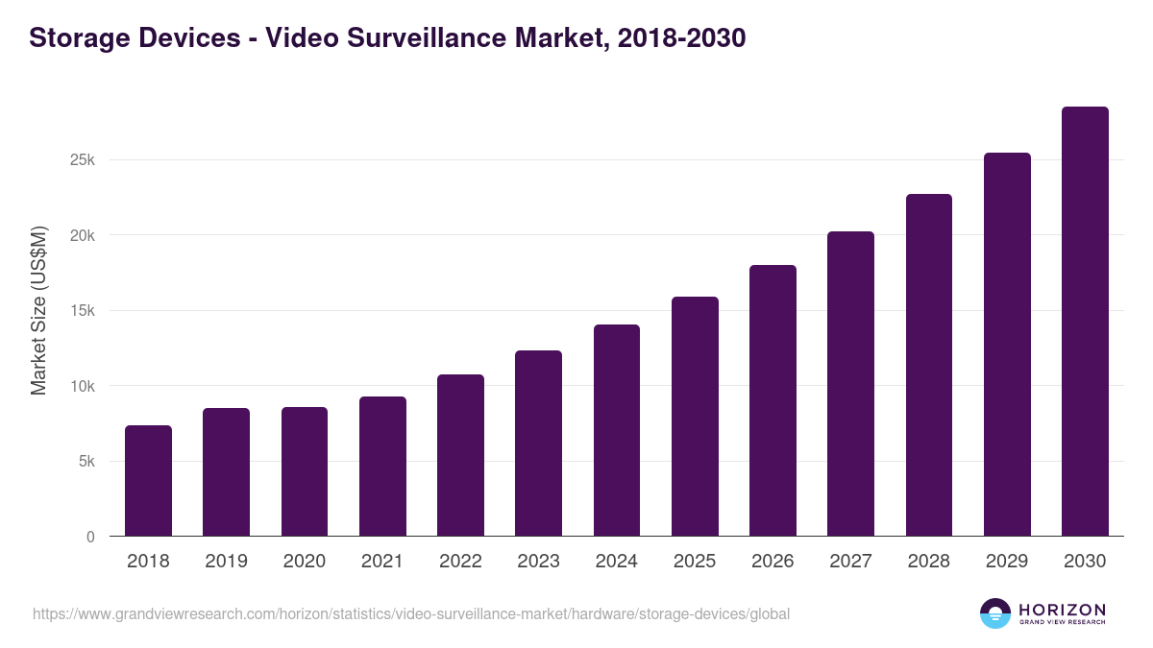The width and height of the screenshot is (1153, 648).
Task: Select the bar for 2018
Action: point(148,481)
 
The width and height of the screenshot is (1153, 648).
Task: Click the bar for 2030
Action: point(1085,322)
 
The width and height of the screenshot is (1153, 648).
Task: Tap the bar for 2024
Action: point(617,430)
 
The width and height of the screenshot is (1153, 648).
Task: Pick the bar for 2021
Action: point(382,467)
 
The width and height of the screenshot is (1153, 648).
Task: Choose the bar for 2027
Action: point(850,384)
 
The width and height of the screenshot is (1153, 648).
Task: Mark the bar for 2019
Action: point(226,472)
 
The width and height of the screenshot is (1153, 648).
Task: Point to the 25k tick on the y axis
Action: point(83,160)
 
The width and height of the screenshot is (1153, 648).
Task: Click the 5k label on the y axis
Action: point(86,462)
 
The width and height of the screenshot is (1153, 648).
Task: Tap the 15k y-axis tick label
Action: point(83,311)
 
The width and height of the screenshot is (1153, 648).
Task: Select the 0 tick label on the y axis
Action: point(90,537)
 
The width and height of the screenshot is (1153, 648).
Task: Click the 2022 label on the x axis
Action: point(460,562)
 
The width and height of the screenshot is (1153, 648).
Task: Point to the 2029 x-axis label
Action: point(1007,562)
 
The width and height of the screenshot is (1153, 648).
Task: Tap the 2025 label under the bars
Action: point(695,562)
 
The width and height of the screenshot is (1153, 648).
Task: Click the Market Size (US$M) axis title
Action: point(38,310)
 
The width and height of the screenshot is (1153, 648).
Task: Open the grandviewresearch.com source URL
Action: point(411,613)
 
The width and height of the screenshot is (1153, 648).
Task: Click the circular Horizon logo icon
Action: point(995,613)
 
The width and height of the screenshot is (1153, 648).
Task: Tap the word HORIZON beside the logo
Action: point(1062,609)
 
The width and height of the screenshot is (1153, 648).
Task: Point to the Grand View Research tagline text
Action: point(1062,623)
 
